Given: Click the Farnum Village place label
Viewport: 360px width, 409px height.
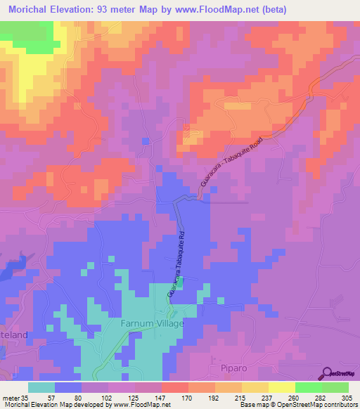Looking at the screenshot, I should tap(152, 323).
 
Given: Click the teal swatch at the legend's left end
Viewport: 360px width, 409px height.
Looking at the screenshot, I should tap(41, 387).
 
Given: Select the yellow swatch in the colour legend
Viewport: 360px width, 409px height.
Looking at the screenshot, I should tap(281, 387).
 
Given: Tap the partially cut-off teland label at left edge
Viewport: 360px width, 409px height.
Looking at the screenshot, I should tap(13, 335).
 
